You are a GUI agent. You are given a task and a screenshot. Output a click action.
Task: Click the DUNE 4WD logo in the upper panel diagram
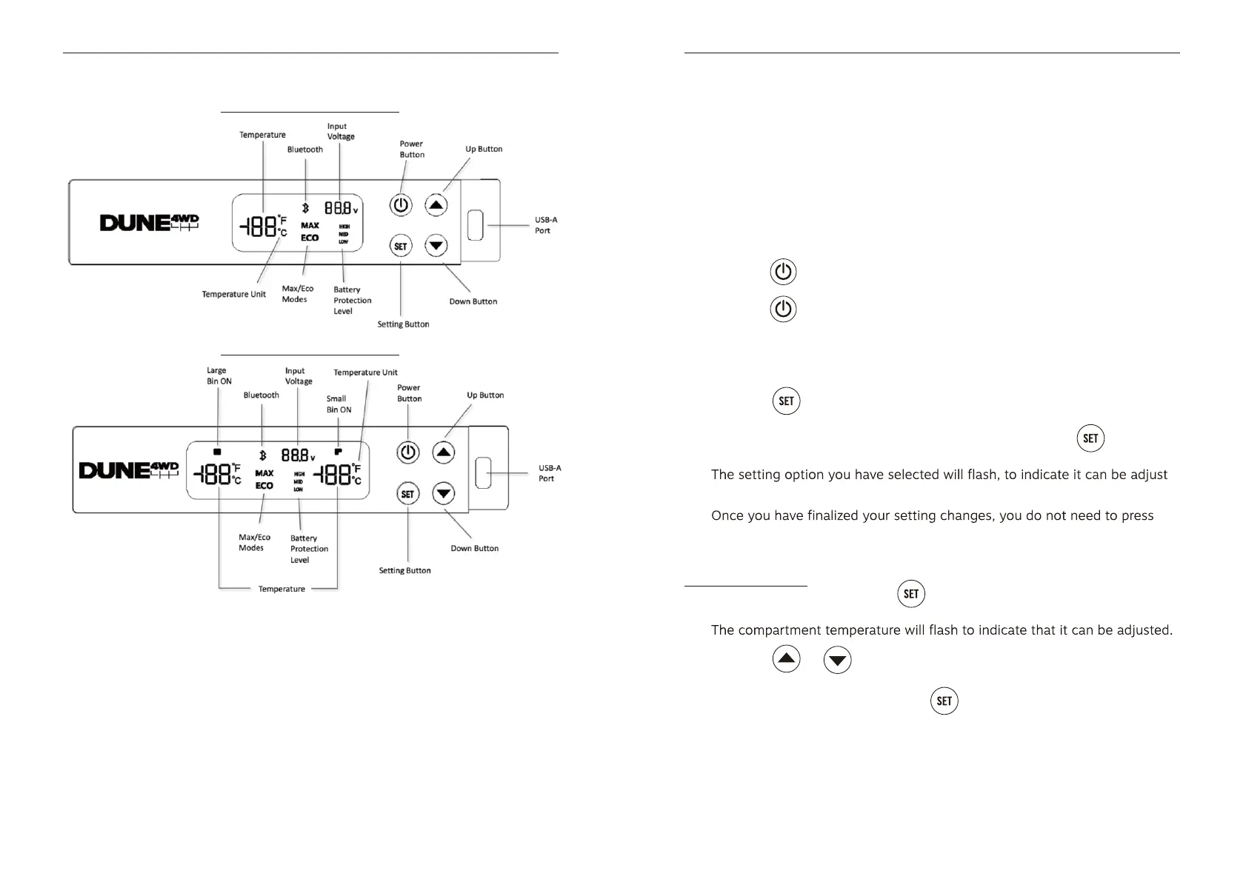pos(150,223)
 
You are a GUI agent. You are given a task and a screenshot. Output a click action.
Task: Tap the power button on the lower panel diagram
pos(408,452)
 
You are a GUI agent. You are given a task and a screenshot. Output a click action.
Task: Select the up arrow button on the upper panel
pos(436,205)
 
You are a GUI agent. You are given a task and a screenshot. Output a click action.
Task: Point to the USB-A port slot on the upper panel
pos(476,225)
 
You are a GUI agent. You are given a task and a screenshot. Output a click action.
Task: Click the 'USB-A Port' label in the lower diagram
pos(549,473)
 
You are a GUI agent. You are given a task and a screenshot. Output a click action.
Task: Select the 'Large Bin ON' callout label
pos(219,375)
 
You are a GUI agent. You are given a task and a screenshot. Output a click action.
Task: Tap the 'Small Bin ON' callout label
pos(339,404)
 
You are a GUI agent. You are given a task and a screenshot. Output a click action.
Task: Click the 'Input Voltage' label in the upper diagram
pos(341,131)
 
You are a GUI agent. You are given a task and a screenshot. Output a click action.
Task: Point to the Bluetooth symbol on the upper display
pos(305,209)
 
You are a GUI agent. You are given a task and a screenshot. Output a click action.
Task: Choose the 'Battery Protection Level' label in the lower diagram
pos(309,549)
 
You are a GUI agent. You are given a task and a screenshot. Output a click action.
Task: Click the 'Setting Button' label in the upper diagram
pos(403,324)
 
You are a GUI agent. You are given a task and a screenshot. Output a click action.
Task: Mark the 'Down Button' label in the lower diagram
pos(474,549)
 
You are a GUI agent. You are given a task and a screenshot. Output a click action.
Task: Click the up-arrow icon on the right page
pos(786,658)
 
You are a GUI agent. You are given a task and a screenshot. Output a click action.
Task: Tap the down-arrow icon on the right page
pos(837,659)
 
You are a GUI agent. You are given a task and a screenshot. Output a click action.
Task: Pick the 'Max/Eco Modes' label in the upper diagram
pos(297,294)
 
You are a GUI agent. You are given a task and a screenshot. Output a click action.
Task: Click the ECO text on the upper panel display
pos(310,238)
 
